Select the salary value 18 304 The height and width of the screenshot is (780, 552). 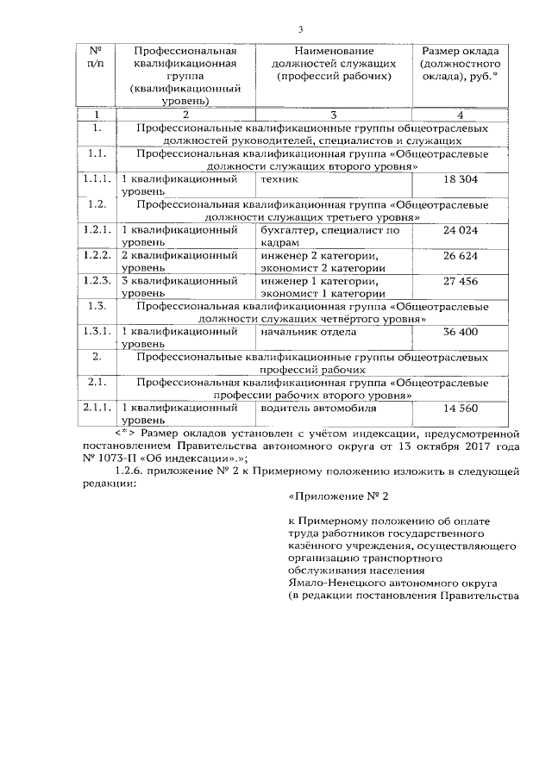coord(460,179)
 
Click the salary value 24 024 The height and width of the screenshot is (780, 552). coord(460,231)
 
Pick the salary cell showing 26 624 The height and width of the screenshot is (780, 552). coord(460,256)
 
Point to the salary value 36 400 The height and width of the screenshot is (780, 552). coord(460,332)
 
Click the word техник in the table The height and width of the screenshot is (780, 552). coord(279,179)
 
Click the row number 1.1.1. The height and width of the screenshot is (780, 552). coord(97,179)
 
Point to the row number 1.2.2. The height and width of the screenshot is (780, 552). coord(97,256)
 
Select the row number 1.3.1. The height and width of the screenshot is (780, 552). coord(97,332)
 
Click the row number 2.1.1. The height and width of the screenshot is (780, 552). coord(97,408)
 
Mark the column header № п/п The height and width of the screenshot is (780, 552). coord(97,57)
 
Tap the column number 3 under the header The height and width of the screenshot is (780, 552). coord(333,115)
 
